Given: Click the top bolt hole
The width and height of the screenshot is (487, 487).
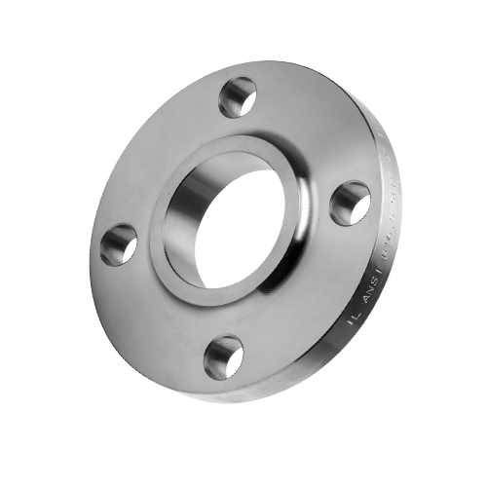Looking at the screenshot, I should [x=237, y=96].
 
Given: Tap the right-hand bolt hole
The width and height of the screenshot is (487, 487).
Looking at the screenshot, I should [x=350, y=203].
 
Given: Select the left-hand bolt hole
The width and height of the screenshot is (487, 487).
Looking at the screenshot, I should [x=119, y=243].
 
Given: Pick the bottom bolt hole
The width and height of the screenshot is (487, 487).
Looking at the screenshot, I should [x=224, y=356].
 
